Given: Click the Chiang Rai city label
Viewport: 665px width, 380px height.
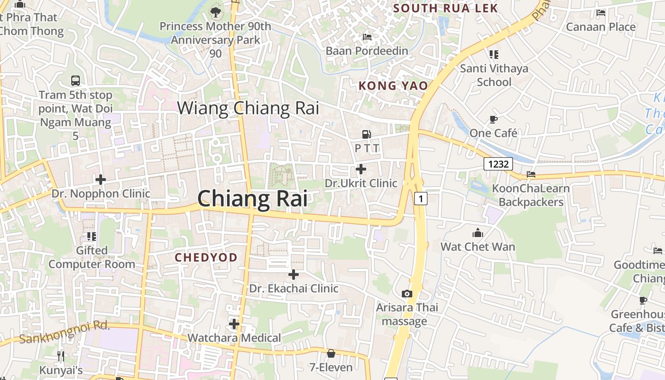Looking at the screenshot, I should [252, 199].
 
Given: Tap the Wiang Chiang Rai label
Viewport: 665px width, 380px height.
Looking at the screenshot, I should [247, 108].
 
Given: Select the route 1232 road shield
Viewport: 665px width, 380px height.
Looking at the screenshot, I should [498, 164].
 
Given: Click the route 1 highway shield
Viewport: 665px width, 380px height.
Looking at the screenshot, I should [420, 198].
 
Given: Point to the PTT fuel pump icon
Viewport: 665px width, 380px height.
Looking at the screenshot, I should [366, 134].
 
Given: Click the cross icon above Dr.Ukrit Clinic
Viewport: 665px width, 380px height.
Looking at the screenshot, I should [361, 169].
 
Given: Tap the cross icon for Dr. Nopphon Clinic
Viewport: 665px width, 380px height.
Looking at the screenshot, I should [100, 180].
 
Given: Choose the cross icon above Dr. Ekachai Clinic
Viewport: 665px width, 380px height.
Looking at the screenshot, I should [294, 274].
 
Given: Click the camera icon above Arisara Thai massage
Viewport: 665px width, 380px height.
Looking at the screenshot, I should [407, 294].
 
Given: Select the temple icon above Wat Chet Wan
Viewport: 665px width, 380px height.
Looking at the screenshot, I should [477, 233].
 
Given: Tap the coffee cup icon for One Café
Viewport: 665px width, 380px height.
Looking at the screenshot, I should [494, 119].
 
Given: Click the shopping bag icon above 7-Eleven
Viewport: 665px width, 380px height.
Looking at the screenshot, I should [331, 353].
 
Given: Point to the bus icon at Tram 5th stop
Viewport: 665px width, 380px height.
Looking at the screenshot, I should [76, 81].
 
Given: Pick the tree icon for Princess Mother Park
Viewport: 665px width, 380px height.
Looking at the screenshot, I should [216, 11].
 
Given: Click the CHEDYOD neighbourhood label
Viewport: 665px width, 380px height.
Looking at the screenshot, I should [206, 257].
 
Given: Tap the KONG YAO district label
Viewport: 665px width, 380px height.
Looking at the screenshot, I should [393, 86].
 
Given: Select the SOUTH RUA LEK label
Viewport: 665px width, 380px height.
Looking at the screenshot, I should [446, 8].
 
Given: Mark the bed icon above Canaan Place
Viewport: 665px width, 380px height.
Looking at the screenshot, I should [601, 13].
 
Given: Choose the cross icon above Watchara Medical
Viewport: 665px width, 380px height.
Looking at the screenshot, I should [234, 324].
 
